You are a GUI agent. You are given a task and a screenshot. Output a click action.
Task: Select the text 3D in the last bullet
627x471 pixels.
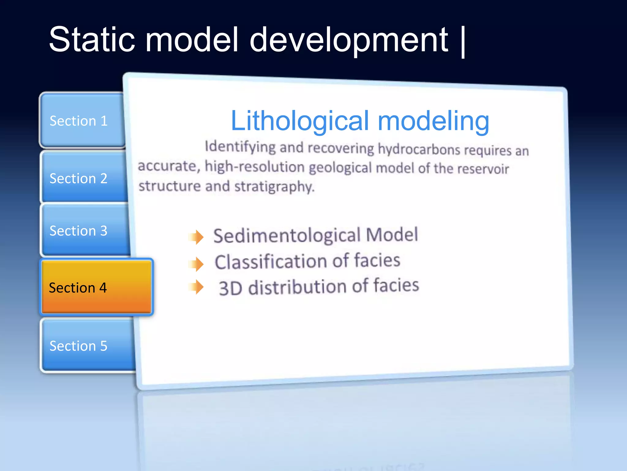click(x=231, y=288)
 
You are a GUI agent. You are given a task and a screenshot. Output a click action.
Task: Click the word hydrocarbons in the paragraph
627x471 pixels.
click(x=419, y=149)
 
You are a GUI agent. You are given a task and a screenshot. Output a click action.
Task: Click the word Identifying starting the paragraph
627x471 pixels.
click(x=240, y=147)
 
